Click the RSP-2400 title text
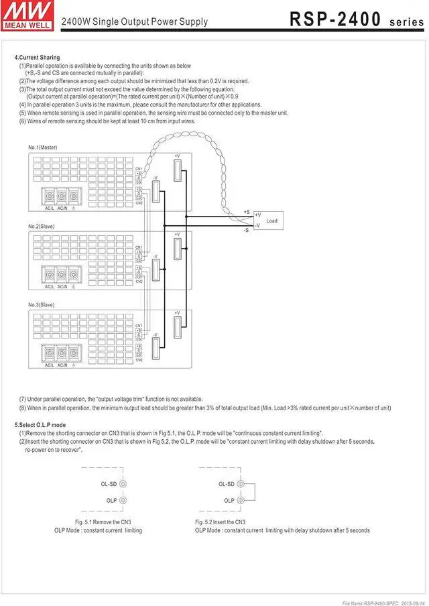[x=335, y=19]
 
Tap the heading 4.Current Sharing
[x=37, y=58]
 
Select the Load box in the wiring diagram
[x=271, y=221]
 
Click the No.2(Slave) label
[x=42, y=227]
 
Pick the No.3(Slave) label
[x=42, y=305]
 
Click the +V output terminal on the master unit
[x=177, y=171]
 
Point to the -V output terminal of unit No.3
[x=156, y=349]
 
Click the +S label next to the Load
[x=247, y=212]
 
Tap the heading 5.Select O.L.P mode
[x=40, y=425]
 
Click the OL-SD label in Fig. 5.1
[x=110, y=484]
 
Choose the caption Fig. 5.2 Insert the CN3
[x=220, y=522]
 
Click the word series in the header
[x=406, y=21]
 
